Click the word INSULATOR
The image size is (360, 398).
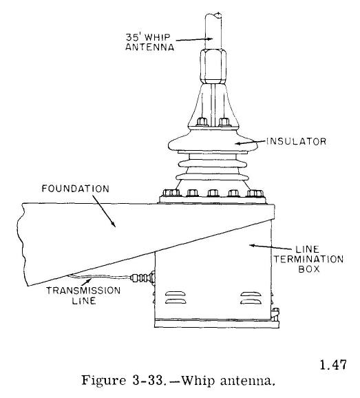point(296,141)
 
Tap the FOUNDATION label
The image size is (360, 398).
point(75,189)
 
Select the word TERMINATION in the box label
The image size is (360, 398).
point(308,259)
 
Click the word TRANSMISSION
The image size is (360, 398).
point(83,291)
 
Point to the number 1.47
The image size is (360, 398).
point(333,365)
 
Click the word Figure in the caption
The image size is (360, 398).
point(103,381)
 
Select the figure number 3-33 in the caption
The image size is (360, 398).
point(148,381)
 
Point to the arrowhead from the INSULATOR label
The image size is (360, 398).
point(237,143)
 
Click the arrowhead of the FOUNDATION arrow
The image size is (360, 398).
point(113,224)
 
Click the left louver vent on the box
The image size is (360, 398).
point(175,297)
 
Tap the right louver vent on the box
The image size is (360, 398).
point(250,297)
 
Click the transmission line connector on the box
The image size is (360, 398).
point(142,277)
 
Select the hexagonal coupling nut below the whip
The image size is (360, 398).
point(213,66)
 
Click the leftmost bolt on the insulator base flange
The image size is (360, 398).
point(171,193)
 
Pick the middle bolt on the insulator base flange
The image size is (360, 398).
point(213,193)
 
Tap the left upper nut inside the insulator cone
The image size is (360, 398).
point(202,122)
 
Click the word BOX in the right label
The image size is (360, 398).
point(309,269)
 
